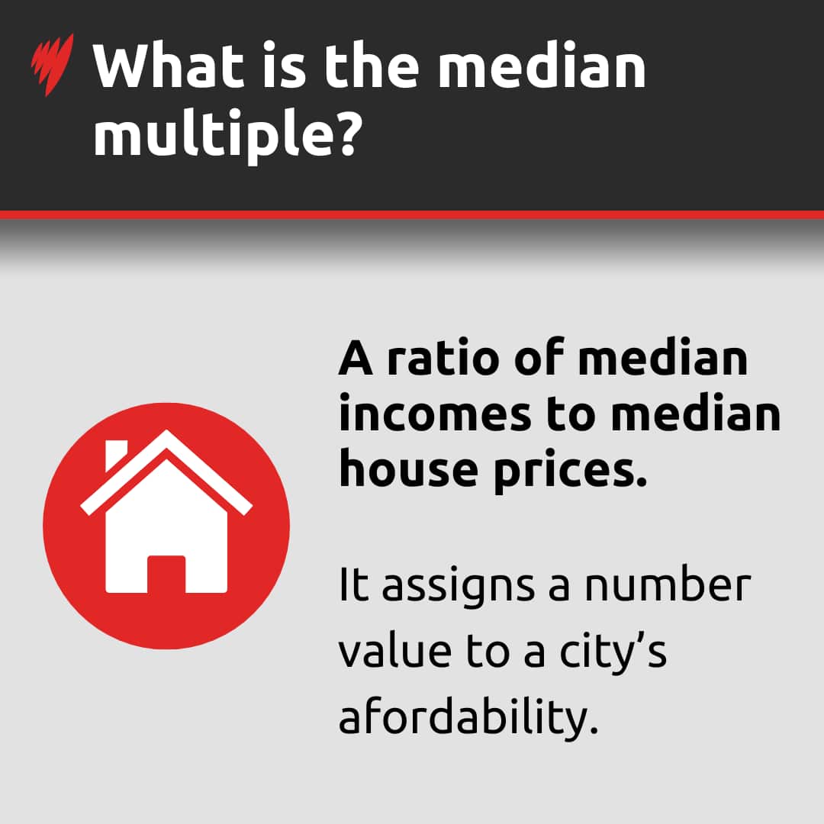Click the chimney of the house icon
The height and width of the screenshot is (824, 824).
115,454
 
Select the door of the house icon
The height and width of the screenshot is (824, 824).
166,574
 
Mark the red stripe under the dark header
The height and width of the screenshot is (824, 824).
412,214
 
